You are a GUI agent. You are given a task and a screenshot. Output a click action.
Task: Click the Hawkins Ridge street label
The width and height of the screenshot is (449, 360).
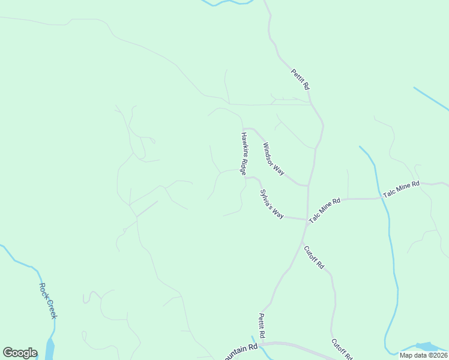point(244,154)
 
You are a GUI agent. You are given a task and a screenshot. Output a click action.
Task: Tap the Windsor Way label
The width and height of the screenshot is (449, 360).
point(273,158)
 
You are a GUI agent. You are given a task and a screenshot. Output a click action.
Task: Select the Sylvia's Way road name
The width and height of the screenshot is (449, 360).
point(271,204)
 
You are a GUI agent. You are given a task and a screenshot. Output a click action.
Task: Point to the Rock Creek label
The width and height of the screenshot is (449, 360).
point(47,301)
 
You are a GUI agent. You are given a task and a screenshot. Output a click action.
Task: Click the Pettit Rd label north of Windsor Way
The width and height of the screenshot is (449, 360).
point(300,79)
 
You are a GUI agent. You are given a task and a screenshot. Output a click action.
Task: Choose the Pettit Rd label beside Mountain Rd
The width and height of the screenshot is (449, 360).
point(262,325)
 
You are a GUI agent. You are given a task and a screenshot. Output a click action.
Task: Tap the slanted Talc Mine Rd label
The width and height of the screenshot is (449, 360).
point(325,211)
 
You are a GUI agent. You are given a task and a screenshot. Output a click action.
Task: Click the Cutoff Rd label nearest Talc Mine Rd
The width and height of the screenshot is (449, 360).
point(314,257)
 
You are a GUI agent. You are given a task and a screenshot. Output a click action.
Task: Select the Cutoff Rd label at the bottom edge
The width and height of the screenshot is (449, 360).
point(342,350)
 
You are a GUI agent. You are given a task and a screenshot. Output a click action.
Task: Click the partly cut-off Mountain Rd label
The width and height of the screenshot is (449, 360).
point(241,350)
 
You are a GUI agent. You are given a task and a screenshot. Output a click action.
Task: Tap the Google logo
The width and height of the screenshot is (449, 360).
point(20,353)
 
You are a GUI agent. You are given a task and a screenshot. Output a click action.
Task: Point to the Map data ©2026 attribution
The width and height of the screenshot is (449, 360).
point(424,355)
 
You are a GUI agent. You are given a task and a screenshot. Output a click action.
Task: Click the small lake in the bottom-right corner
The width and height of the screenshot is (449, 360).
point(427,347)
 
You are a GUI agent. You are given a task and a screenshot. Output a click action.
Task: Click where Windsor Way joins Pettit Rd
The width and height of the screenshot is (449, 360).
point(308,185)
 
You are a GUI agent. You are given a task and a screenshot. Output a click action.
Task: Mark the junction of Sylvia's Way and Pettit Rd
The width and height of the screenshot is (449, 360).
point(306,219)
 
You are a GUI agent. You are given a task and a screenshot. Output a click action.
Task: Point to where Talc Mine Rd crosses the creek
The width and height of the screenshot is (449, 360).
point(381,197)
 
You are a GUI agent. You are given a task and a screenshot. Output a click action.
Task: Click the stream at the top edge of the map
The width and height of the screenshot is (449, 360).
point(228,2)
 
